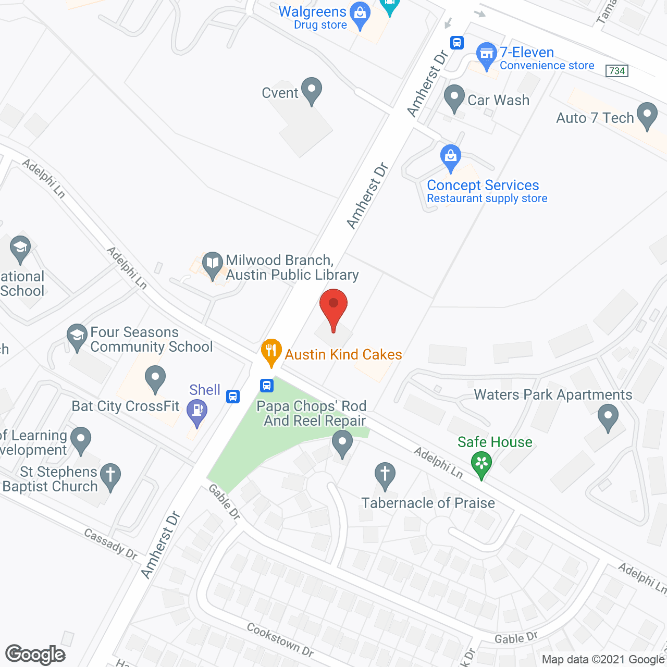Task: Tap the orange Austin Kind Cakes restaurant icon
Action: (271, 352)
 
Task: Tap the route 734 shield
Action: (617, 71)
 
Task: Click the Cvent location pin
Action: (312, 91)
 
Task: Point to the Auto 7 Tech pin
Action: (647, 116)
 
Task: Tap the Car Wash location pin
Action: (454, 98)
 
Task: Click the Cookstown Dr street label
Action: (280, 640)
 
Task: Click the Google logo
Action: (35, 654)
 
